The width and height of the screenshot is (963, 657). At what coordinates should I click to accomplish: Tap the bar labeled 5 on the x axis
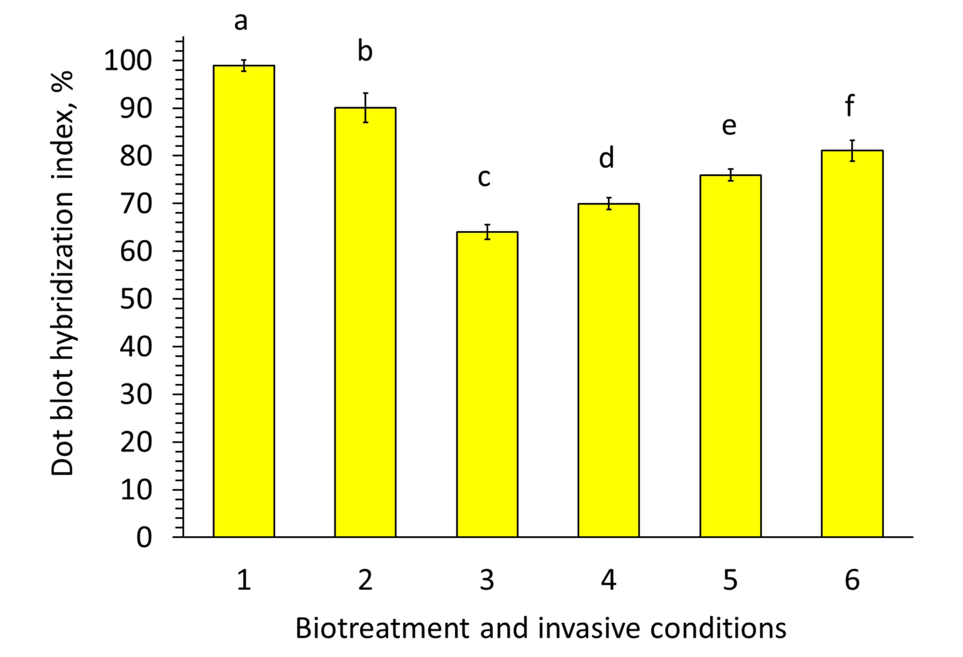click(x=730, y=356)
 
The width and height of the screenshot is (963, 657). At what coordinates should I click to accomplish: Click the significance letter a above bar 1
click(x=241, y=22)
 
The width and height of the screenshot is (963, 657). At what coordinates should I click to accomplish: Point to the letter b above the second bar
click(x=365, y=51)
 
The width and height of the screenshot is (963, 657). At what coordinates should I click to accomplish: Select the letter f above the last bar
click(x=850, y=106)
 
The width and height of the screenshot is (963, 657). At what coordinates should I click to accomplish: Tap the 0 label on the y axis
click(x=144, y=538)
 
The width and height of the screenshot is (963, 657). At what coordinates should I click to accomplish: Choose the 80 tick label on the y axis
click(x=136, y=156)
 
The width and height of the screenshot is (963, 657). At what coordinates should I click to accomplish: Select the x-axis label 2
click(x=365, y=580)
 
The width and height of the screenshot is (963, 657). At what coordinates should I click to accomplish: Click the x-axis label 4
click(x=608, y=580)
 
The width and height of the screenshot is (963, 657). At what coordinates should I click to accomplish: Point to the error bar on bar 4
click(x=609, y=203)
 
